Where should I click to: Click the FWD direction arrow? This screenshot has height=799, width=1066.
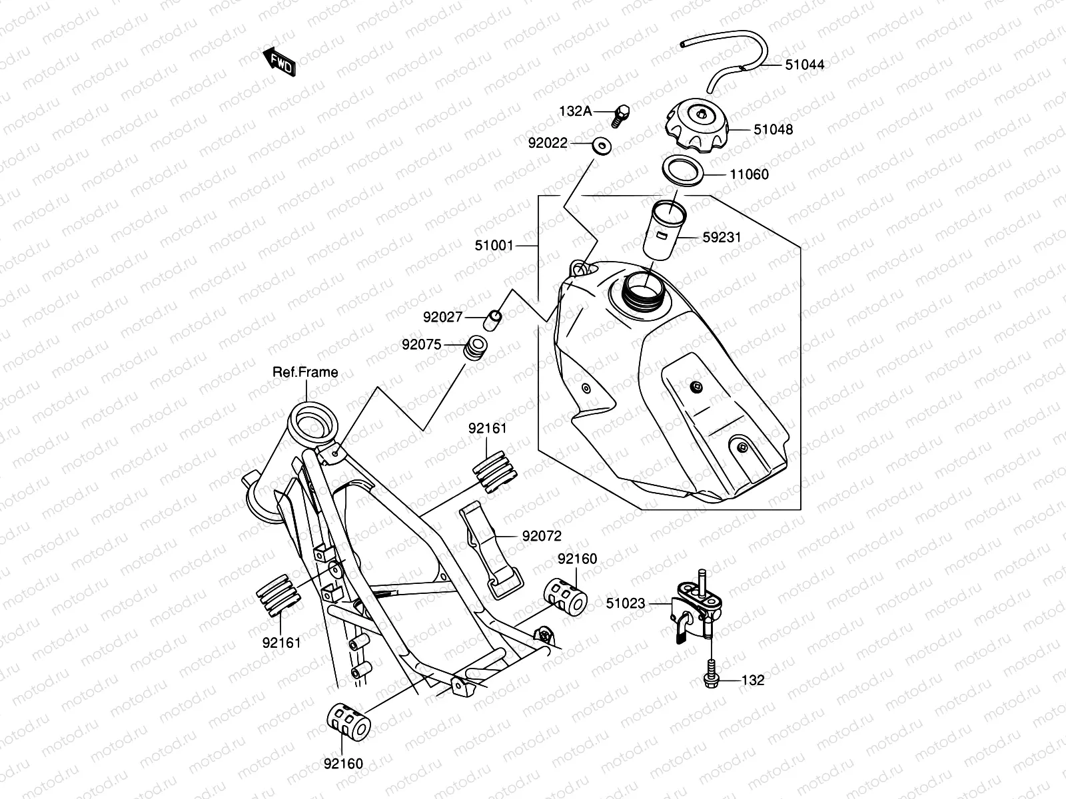tap(278, 62)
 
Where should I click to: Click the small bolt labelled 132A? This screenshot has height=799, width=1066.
tap(620, 117)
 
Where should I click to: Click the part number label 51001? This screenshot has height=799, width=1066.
tap(494, 246)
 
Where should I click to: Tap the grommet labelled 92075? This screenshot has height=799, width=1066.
tap(476, 348)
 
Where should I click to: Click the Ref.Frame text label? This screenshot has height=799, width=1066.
tap(305, 372)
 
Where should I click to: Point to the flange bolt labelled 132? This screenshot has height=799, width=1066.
tap(710, 674)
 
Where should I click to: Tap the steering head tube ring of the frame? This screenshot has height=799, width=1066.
tap(311, 421)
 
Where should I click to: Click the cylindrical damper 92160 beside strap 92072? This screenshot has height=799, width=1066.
tap(566, 597)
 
